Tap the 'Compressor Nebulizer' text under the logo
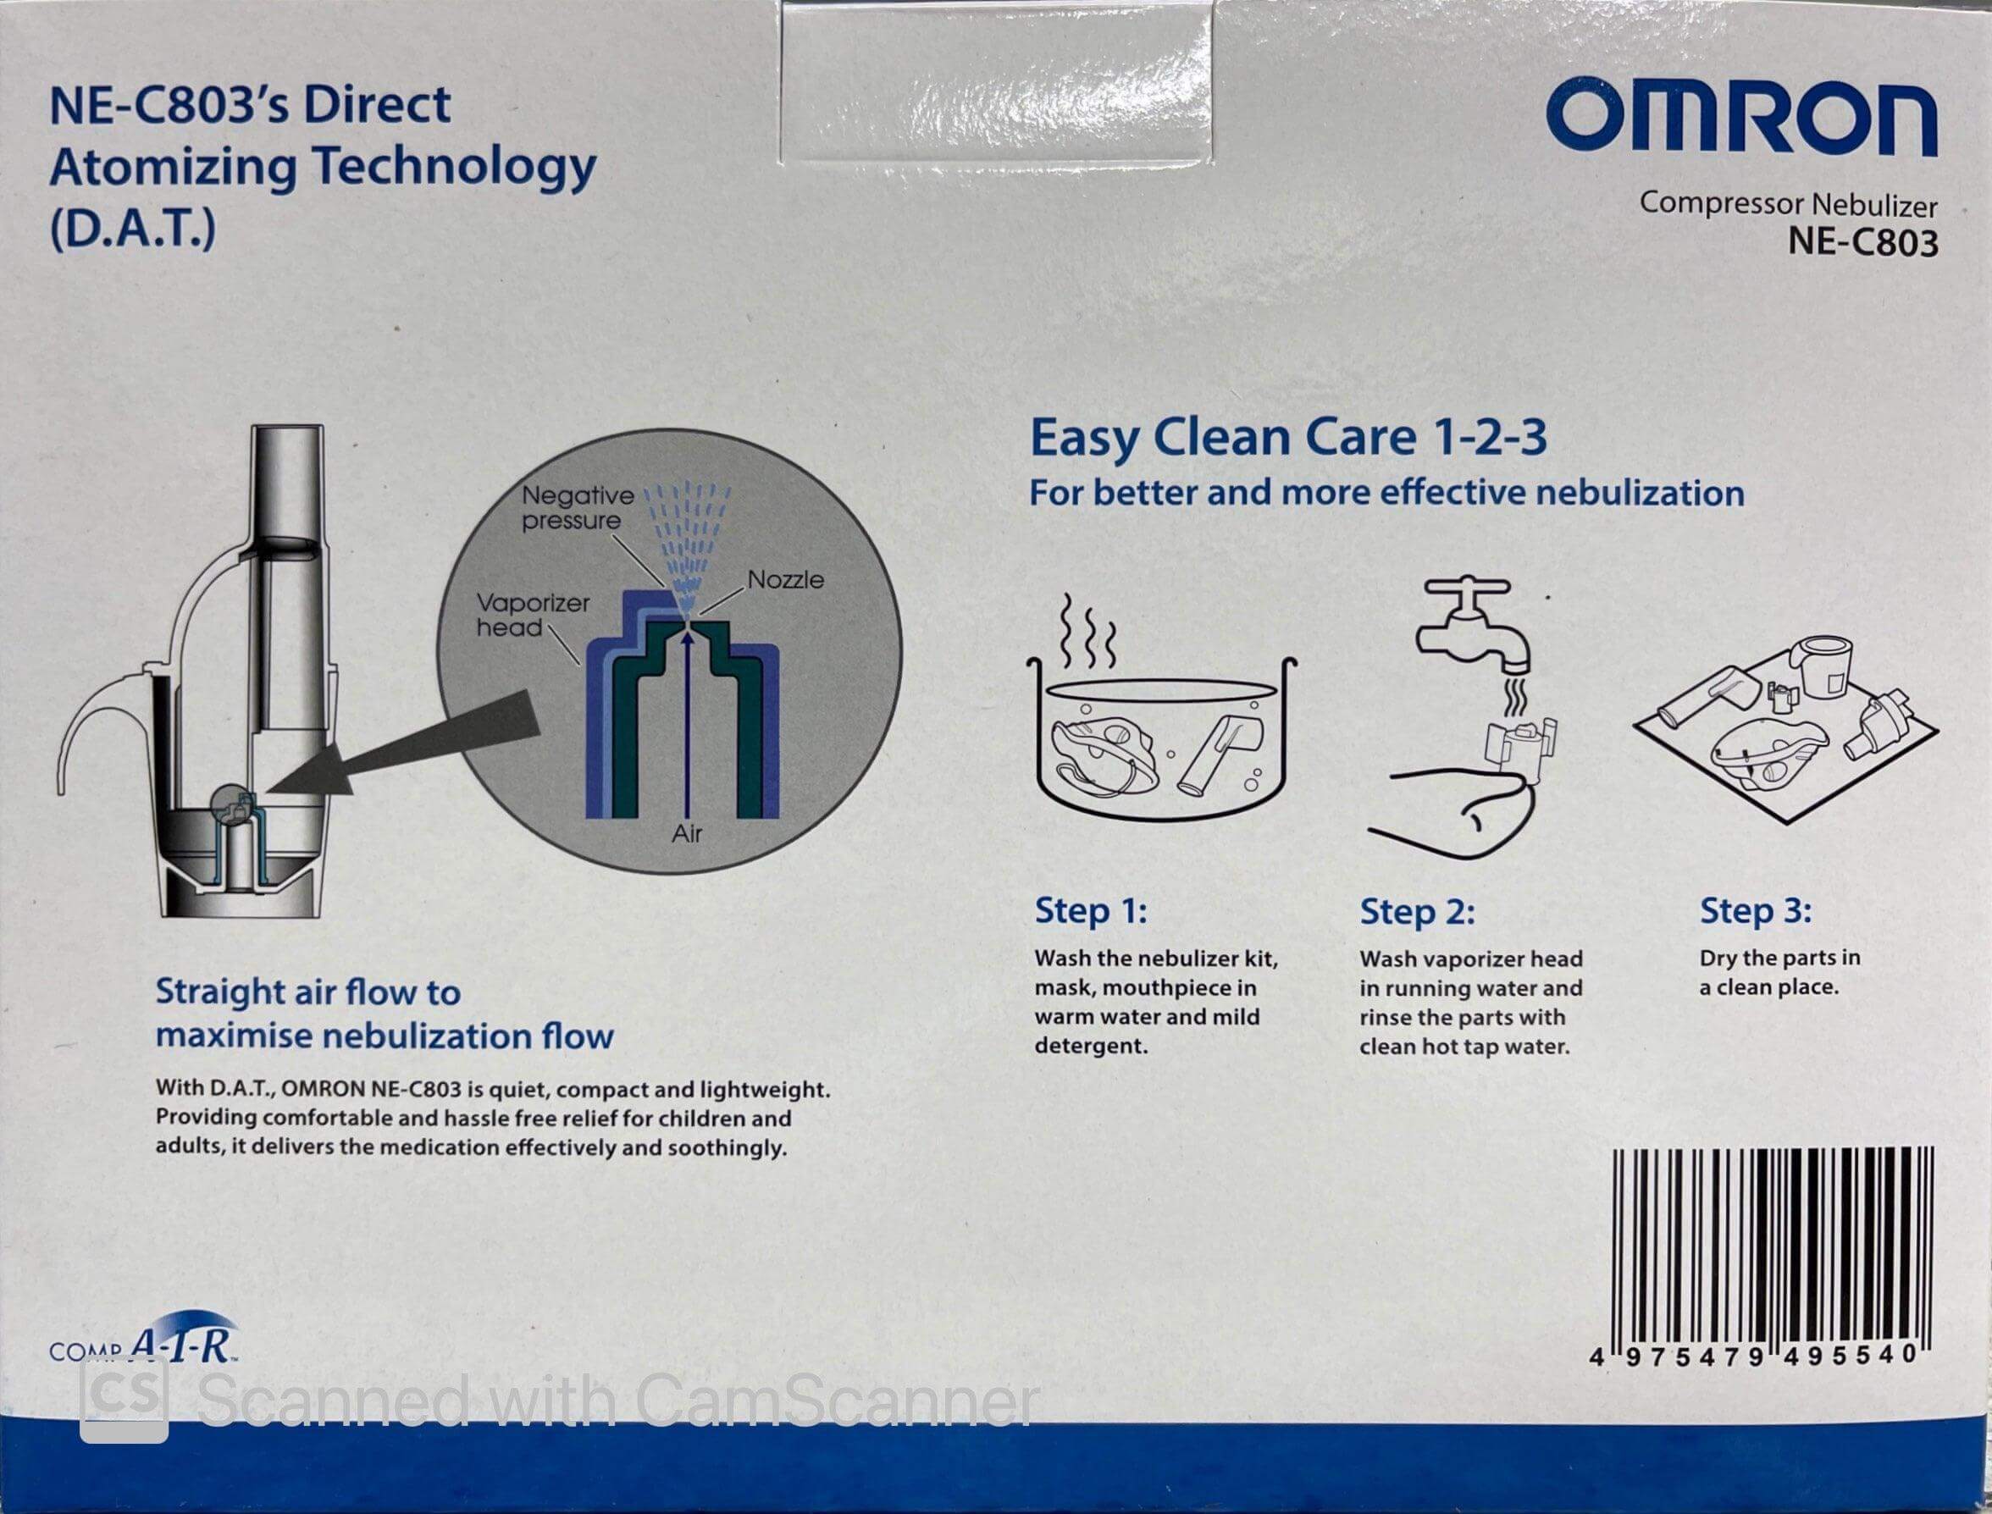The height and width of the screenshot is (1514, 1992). pos(1787,205)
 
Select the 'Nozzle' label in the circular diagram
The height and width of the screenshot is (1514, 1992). pos(785,579)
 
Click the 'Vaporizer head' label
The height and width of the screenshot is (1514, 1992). pos(532,615)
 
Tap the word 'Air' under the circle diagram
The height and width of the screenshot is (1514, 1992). pos(686,833)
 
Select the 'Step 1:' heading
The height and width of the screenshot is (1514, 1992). pos(1091,910)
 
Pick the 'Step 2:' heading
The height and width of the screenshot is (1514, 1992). pos(1417,912)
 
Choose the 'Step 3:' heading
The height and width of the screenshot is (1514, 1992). pos(1755,910)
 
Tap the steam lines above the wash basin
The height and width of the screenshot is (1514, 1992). pos(1088,627)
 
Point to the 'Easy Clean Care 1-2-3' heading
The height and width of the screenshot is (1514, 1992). pos(1288,439)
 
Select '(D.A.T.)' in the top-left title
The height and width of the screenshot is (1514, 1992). pos(132,229)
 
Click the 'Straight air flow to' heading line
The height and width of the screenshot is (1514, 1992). pos(307,992)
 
